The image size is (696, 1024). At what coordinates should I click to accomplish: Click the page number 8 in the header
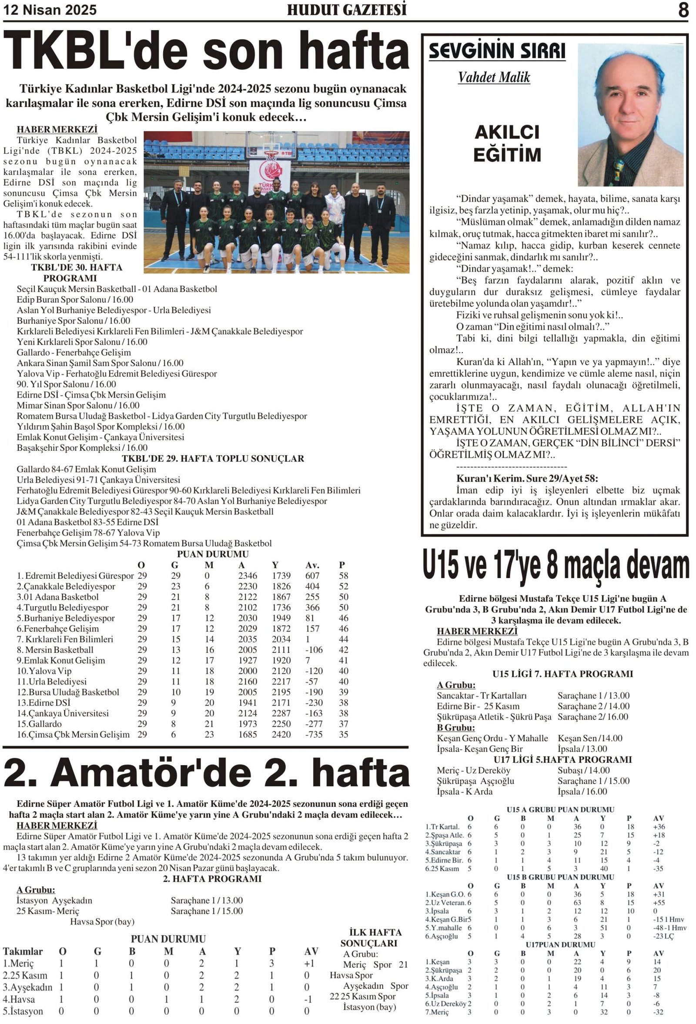click(683, 10)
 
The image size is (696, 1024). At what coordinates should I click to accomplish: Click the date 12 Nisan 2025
click(50, 10)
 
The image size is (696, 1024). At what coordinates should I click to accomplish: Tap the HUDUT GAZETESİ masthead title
click(347, 10)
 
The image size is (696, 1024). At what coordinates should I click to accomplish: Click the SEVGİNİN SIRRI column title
click(497, 51)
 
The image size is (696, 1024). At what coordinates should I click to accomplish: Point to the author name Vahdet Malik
click(494, 77)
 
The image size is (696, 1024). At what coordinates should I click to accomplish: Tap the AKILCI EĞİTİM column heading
click(507, 144)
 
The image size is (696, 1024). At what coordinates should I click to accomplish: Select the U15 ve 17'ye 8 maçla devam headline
click(556, 567)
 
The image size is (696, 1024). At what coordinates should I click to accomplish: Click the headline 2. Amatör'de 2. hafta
click(206, 774)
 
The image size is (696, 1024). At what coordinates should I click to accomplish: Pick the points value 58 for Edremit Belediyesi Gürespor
click(344, 576)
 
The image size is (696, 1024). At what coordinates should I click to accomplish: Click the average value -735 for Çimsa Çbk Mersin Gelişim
click(314, 735)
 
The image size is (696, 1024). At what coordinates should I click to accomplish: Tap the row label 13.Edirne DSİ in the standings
click(43, 703)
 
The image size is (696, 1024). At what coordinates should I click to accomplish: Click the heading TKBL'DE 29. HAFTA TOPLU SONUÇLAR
click(213, 459)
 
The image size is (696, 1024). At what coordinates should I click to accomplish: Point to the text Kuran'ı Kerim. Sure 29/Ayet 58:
click(527, 479)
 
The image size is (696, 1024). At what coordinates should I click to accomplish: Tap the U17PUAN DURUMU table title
click(560, 945)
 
